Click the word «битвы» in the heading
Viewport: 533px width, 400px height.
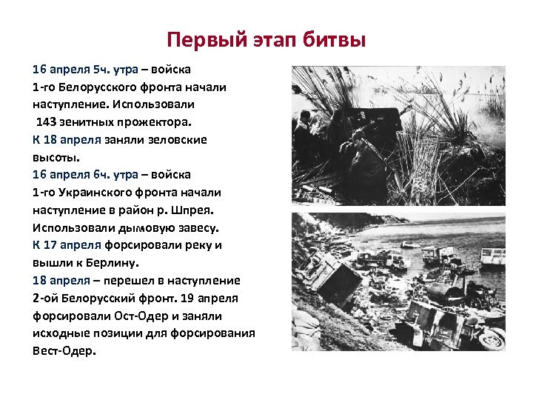click(x=334, y=39)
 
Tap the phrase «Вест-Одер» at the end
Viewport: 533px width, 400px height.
click(x=63, y=350)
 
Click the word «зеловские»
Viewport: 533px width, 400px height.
click(x=178, y=139)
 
